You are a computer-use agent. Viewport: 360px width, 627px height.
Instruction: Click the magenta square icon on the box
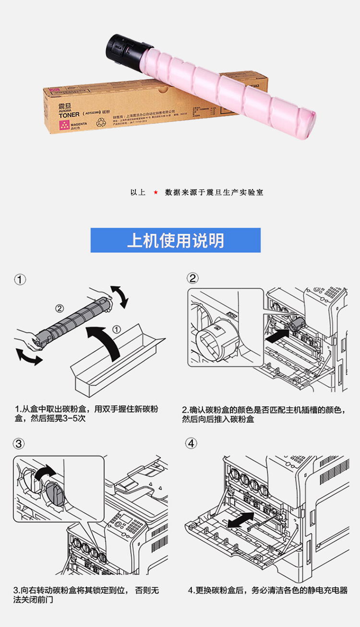click(63, 125)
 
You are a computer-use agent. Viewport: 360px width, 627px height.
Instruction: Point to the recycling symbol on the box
click(102, 122)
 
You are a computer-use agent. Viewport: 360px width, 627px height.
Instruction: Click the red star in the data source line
click(156, 192)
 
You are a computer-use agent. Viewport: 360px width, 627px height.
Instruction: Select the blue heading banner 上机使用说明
click(175, 240)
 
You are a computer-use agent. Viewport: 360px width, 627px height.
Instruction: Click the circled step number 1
click(20, 280)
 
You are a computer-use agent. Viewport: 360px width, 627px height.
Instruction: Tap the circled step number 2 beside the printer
click(192, 278)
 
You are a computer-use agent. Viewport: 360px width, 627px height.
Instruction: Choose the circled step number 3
click(19, 444)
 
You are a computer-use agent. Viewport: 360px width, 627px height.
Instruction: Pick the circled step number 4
click(192, 444)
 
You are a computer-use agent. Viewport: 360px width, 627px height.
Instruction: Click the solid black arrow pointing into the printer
click(274, 337)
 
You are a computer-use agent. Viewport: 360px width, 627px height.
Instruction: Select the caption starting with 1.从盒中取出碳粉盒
click(86, 414)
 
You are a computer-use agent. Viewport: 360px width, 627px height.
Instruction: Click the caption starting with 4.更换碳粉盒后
click(267, 590)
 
